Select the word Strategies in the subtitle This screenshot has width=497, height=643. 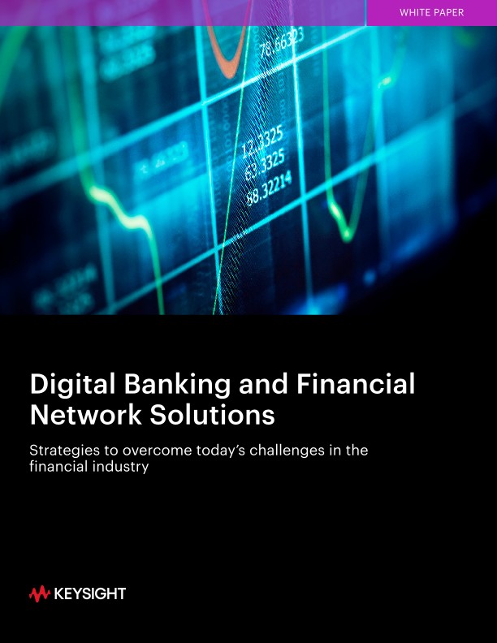(x=63, y=451)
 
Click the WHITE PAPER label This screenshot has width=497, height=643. (x=432, y=12)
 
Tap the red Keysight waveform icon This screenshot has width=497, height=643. (x=39, y=594)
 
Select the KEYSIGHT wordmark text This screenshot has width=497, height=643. (x=89, y=594)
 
